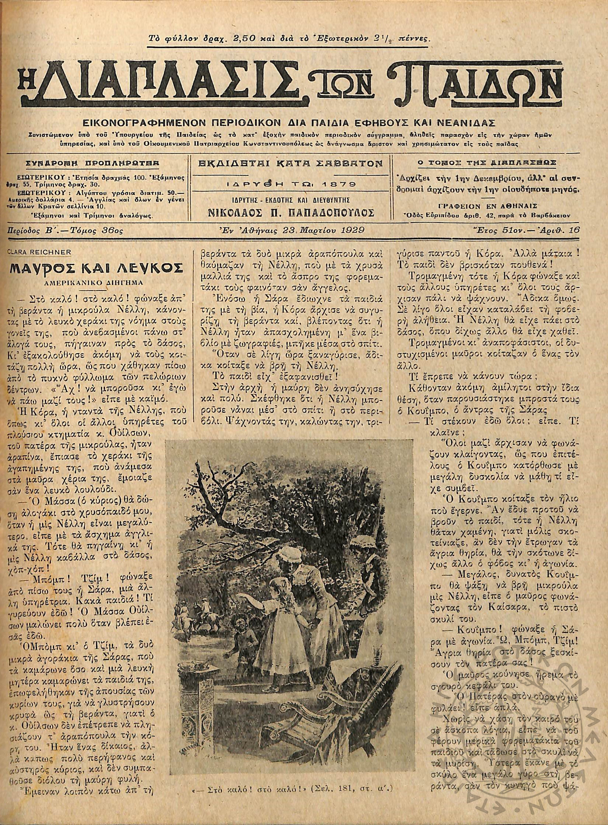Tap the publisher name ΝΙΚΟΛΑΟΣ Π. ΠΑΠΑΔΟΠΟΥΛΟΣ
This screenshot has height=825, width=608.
click(x=291, y=213)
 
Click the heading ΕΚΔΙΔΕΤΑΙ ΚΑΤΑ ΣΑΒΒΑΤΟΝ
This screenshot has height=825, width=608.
click(x=291, y=163)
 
